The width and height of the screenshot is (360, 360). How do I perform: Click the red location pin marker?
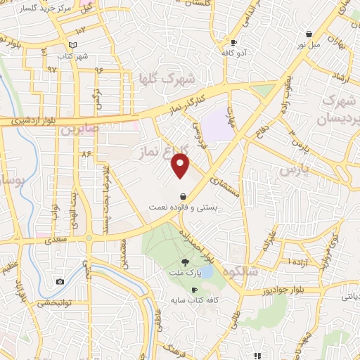[181, 166]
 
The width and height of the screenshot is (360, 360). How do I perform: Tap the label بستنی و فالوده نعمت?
[183, 208]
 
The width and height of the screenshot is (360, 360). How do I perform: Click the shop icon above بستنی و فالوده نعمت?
[183, 196]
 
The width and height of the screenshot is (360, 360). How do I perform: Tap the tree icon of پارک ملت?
[186, 262]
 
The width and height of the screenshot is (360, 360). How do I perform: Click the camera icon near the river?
[60, 282]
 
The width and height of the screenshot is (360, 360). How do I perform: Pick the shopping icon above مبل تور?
[309, 34]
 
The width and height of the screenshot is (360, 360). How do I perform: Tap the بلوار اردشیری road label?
[32, 121]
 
